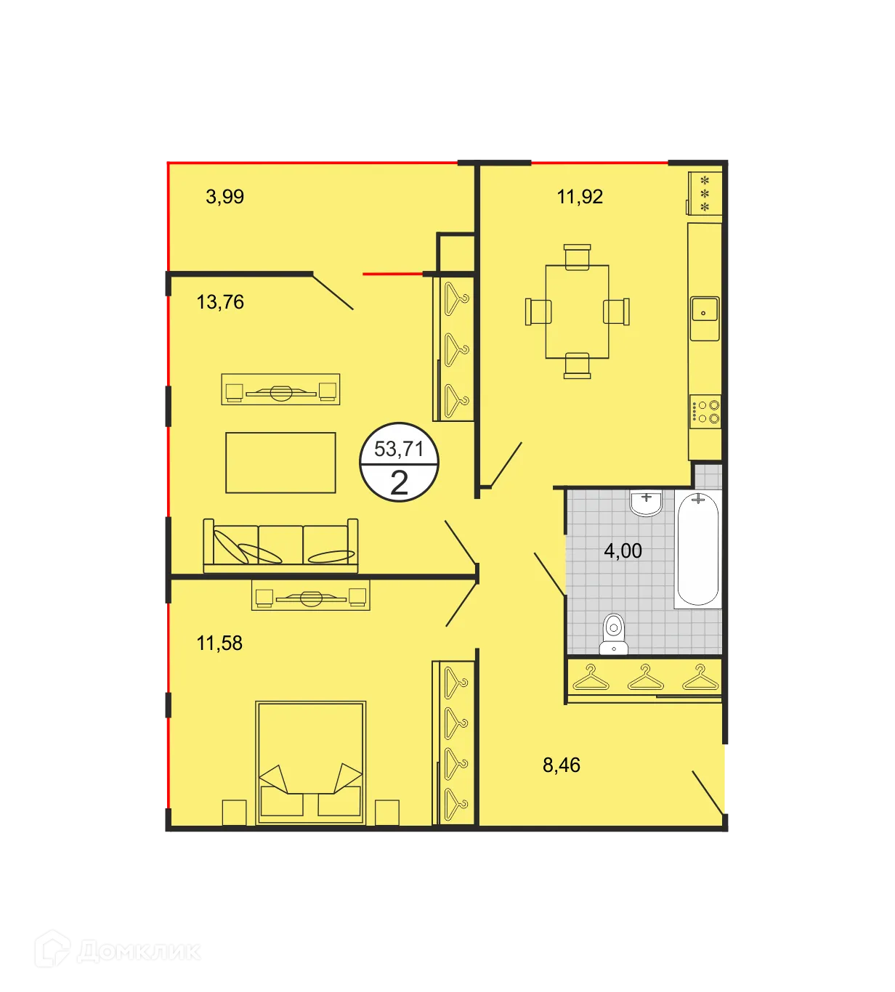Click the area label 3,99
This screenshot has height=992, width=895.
click(x=224, y=197)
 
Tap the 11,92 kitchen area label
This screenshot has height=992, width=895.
click(x=580, y=197)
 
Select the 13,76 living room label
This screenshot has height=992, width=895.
click(x=220, y=302)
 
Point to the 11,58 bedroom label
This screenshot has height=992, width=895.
click(x=219, y=643)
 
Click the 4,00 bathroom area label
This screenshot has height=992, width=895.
click(x=623, y=551)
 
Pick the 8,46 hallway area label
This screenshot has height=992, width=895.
click(x=562, y=765)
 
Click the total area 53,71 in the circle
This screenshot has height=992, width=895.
click(x=399, y=450)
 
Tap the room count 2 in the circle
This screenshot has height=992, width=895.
click(x=399, y=483)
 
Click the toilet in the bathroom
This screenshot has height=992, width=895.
click(x=614, y=633)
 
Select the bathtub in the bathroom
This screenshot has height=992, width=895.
click(x=697, y=548)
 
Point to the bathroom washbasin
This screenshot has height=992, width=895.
click(x=646, y=502)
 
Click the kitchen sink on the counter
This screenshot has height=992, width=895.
click(x=704, y=310)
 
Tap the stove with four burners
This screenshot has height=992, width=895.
click(x=705, y=412)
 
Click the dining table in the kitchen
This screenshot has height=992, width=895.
click(x=578, y=312)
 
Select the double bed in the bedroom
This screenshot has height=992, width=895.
click(x=310, y=763)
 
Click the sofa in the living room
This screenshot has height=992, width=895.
click(x=280, y=545)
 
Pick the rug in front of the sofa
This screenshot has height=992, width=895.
click(x=280, y=463)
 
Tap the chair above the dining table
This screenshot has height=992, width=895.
click(x=578, y=256)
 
